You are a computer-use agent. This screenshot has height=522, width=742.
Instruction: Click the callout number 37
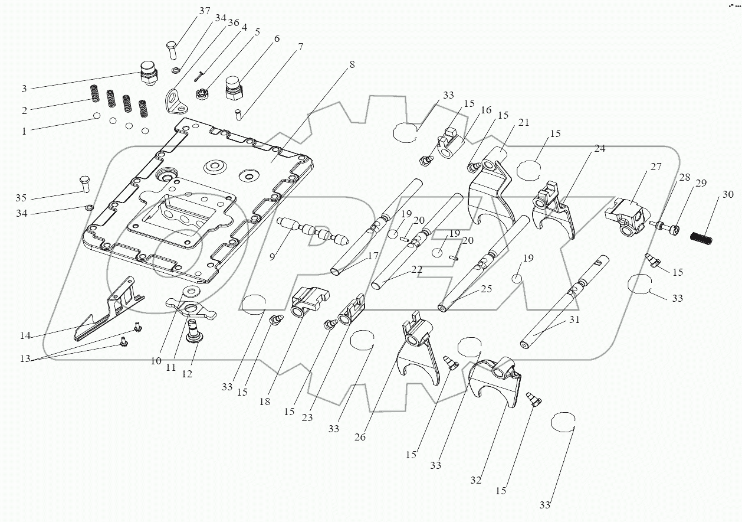tap(203, 11)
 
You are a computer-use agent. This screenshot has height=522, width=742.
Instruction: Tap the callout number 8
tap(352, 65)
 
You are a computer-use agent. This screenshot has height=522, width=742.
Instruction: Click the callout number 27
tap(656, 167)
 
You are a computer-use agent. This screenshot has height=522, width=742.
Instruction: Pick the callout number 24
tap(599, 149)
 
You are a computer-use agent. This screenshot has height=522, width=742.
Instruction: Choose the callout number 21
tap(524, 123)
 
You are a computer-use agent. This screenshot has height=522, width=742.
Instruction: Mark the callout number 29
tap(700, 184)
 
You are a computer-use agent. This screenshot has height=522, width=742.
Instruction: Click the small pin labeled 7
tap(238, 113)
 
